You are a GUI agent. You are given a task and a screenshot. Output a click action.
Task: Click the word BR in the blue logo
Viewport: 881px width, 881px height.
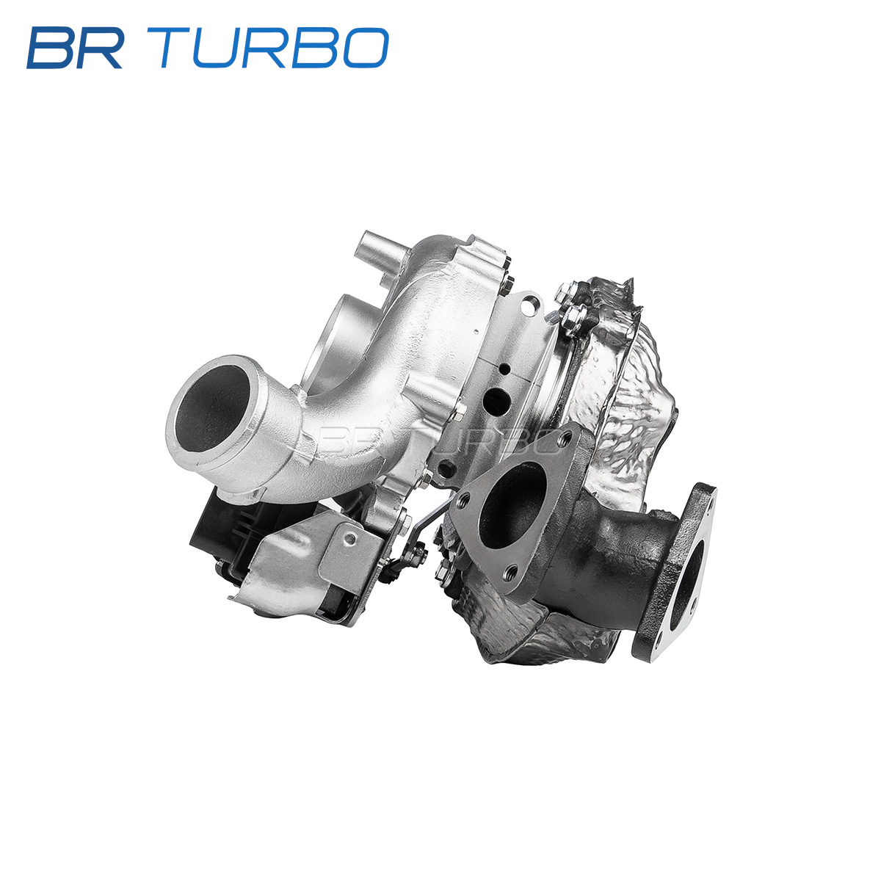coord(75,48)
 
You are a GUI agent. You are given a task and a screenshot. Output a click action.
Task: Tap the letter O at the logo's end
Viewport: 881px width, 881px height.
coord(366,48)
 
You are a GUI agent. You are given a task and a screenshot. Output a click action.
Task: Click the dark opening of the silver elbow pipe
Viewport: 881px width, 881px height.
coord(212,408)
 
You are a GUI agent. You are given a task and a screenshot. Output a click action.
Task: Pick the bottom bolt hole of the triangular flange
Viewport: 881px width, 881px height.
coord(512,572)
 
